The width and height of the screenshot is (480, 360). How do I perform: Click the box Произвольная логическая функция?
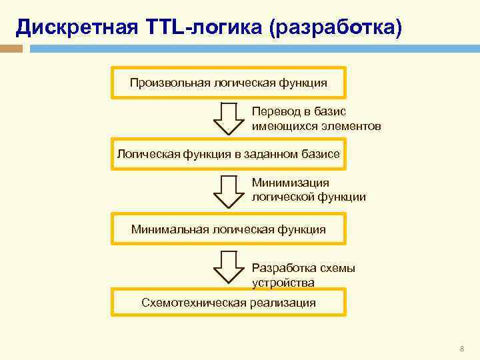(x=229, y=83)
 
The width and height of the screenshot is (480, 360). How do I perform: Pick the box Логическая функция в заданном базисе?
(x=229, y=154)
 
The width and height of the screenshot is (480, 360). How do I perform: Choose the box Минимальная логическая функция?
(x=229, y=229)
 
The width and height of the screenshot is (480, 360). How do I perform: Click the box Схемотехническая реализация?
(x=229, y=303)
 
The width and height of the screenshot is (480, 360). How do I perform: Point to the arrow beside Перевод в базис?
(x=229, y=118)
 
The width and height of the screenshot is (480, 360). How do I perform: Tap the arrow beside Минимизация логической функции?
(x=229, y=191)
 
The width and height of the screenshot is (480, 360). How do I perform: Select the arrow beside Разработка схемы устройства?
(x=229, y=267)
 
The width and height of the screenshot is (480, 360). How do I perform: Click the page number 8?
(x=461, y=349)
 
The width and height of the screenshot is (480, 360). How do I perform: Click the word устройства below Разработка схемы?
(x=283, y=283)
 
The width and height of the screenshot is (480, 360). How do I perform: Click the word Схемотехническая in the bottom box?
(x=194, y=303)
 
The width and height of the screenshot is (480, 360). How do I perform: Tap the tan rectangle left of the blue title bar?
(x=11, y=49)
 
